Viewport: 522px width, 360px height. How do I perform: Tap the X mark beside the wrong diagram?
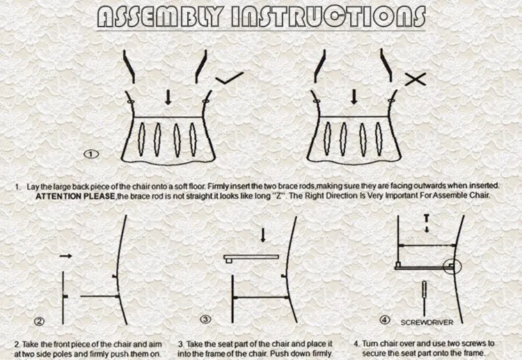pos(416,79)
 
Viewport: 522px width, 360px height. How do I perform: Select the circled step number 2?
pos(39,321)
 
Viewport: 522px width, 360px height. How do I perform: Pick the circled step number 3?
pos(205,320)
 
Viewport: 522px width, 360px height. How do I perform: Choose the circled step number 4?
pos(385,320)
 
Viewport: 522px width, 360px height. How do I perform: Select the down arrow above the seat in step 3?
pos(262,235)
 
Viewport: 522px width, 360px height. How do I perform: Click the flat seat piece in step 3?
pos(251,258)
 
